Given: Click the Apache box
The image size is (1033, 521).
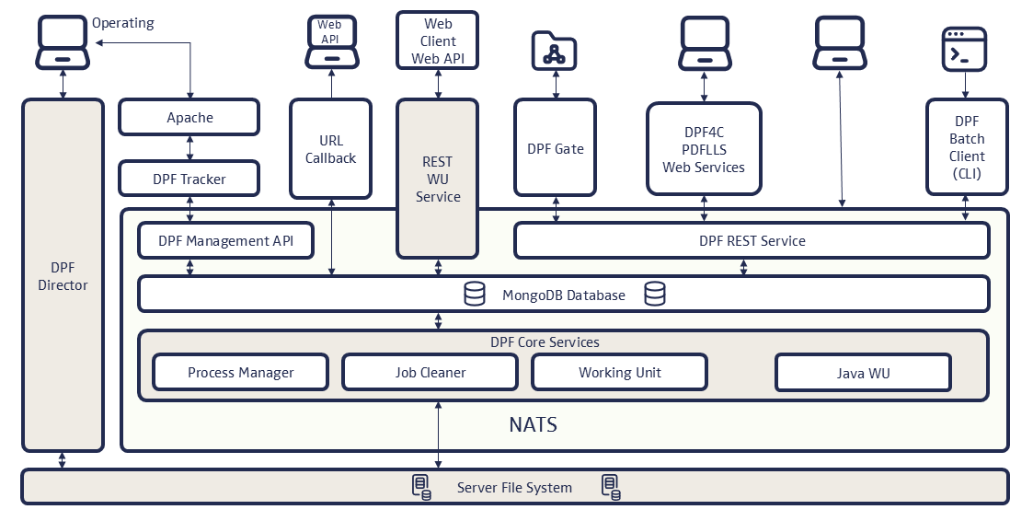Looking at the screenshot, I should point(189,118).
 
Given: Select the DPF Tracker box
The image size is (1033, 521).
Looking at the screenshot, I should point(189,179).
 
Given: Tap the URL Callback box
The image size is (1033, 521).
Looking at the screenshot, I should point(330,149).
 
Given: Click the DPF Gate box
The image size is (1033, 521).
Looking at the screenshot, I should point(556,148).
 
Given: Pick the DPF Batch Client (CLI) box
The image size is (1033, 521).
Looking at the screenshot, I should point(966,147).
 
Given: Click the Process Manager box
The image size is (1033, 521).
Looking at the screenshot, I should point(240,373).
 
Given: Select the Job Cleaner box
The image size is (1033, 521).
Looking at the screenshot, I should point(430,373).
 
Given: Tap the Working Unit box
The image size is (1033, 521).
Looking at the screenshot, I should point(619,373).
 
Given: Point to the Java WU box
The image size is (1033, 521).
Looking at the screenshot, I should point(863,374).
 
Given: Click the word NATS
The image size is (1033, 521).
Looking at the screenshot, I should point(533,425).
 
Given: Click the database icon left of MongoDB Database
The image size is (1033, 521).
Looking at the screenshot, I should point(475,295).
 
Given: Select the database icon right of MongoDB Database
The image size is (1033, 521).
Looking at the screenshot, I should point(655,295).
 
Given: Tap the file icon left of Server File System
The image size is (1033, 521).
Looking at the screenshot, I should point(420,487).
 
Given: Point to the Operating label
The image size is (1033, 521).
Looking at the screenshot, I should point(123,22).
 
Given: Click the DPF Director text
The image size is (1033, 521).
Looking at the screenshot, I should point(63,276).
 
